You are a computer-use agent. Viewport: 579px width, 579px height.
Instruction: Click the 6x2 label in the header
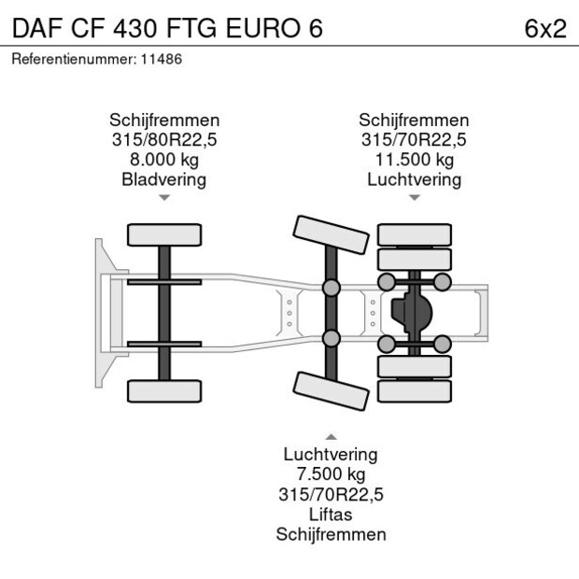545,28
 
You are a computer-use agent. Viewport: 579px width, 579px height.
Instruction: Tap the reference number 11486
162,59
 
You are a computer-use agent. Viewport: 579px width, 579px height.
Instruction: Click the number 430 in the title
135,28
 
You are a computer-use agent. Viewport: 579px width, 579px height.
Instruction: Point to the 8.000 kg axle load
164,160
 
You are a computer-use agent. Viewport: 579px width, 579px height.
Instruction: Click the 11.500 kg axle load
415,160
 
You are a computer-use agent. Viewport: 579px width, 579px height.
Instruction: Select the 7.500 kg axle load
332,474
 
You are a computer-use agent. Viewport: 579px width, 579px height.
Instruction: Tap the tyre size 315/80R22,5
164,140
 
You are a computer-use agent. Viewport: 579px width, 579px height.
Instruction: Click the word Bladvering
164,180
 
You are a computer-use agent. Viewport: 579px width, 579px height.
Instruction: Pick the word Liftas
331,514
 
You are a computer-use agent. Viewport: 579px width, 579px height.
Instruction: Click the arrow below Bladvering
164,198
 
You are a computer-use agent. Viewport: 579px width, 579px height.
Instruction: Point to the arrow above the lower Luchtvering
332,437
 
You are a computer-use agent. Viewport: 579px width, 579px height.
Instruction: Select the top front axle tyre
164,234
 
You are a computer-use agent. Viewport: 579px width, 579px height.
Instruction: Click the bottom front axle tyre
164,391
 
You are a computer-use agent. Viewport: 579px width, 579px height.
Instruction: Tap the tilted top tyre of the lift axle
331,234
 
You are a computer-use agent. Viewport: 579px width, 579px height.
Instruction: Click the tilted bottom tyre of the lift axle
331,391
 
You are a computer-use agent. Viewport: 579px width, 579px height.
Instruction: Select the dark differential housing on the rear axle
411,313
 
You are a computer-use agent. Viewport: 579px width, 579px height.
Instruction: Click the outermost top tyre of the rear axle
415,234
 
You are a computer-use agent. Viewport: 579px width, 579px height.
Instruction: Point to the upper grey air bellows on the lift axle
332,288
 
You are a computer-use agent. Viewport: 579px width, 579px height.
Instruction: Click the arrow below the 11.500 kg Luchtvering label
415,198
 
